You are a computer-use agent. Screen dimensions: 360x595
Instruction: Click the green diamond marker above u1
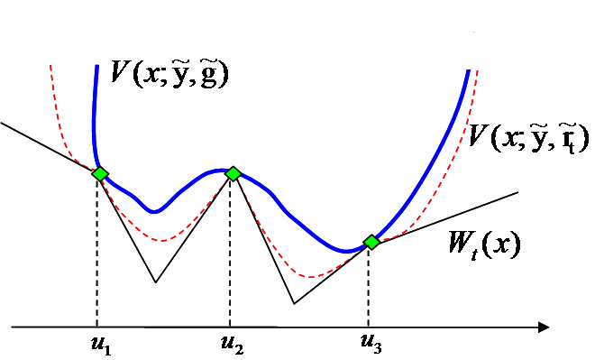[x=99, y=173]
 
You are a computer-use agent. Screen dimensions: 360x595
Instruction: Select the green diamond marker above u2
[x=233, y=172]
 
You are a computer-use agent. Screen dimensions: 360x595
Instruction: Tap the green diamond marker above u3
[x=371, y=242]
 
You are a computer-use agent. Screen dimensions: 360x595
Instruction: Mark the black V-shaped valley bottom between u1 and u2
[x=156, y=282]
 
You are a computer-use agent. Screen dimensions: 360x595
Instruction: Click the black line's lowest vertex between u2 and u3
[x=294, y=303]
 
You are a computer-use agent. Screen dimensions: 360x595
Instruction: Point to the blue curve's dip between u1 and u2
[x=155, y=212]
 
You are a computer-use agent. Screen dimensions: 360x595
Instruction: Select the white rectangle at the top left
[x=54, y=53]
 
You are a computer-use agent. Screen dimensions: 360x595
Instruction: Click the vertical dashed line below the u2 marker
[x=231, y=253]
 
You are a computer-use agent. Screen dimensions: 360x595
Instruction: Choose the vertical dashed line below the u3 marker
[x=369, y=284]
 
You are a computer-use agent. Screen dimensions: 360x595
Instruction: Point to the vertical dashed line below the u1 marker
[x=96, y=253]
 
